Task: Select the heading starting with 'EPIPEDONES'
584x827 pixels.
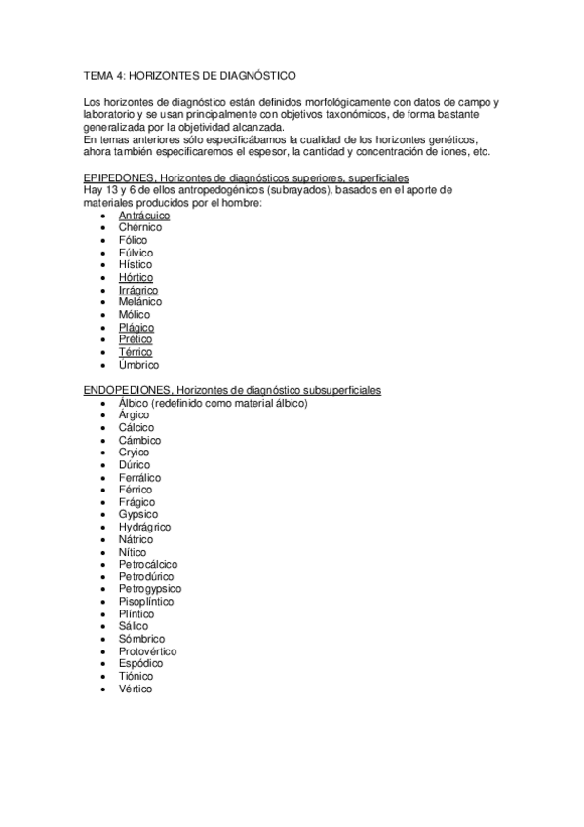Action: click(246, 177)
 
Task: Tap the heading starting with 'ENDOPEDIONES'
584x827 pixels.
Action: click(232, 390)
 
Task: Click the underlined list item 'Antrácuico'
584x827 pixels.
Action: click(143, 215)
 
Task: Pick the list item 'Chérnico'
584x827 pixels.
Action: click(139, 227)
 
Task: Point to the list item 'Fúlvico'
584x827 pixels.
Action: click(136, 253)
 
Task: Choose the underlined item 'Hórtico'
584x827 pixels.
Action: click(136, 278)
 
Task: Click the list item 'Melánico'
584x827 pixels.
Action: click(140, 302)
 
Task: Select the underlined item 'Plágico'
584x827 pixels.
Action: click(136, 328)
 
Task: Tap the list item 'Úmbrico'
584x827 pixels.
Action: click(138, 365)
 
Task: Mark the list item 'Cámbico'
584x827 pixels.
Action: click(139, 440)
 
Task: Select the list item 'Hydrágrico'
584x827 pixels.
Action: click(144, 527)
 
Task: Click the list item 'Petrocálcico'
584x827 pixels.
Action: click(148, 564)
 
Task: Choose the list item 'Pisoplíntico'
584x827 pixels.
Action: click(146, 602)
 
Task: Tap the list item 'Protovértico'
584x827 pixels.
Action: click(148, 651)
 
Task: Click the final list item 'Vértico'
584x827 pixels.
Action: click(136, 689)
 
